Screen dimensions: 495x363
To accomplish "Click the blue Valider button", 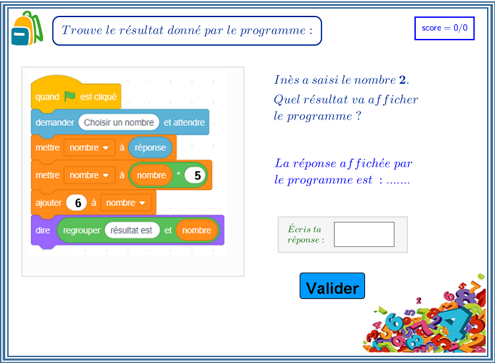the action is click(x=332, y=286).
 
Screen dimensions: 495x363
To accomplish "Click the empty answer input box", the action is click(x=364, y=234).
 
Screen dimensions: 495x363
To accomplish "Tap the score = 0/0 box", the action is click(x=444, y=28).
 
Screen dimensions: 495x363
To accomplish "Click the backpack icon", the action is click(x=27, y=28).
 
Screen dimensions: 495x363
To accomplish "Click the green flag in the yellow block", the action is click(x=70, y=96).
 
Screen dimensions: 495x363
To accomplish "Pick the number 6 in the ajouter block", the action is click(x=77, y=203).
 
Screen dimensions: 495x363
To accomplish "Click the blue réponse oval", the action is click(x=150, y=147).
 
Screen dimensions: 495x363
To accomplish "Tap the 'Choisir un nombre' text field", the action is click(x=119, y=122).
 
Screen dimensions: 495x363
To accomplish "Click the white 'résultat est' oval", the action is click(x=131, y=230).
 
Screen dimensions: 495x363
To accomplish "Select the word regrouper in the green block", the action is click(x=81, y=231).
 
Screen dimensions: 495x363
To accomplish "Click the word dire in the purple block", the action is click(x=43, y=230).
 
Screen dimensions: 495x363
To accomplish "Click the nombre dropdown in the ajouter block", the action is click(x=125, y=203).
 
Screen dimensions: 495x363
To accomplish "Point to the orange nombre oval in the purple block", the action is click(x=197, y=230).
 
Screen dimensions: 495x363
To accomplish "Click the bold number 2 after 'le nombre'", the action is click(x=402, y=80).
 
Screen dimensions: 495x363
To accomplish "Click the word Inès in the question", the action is click(x=286, y=80).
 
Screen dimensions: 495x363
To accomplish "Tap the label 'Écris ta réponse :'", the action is click(x=306, y=234).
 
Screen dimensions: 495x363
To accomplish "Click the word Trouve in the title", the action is click(x=82, y=30).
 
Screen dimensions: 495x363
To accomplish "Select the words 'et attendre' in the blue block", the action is click(x=184, y=122).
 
